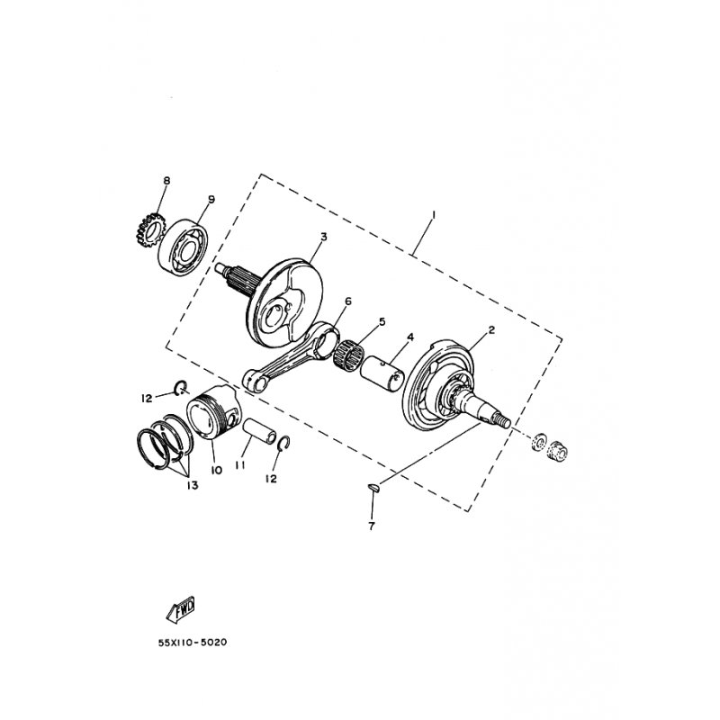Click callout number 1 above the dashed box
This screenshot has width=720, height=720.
[x=433, y=214]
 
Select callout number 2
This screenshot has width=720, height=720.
[x=491, y=330]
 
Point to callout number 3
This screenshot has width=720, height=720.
[x=323, y=237]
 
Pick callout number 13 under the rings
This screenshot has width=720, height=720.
[x=192, y=485]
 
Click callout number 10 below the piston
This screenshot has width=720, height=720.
[x=216, y=470]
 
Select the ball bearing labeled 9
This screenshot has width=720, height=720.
[x=183, y=241]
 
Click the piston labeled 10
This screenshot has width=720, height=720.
[x=216, y=418]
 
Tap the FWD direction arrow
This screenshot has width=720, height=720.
[x=182, y=610]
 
